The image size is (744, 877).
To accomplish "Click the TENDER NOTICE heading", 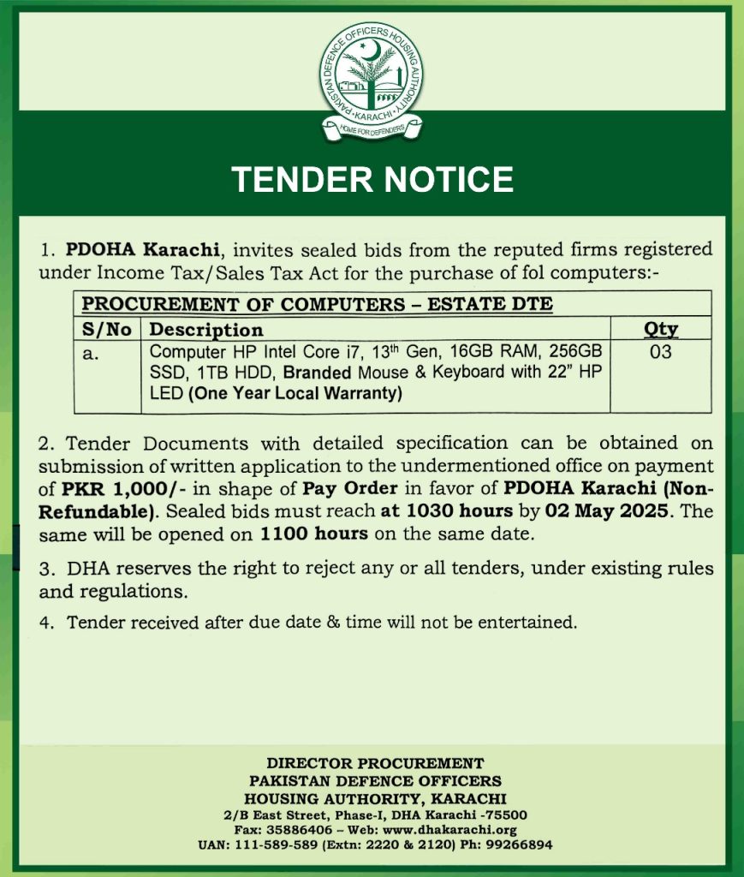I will pyautogui.click(x=372, y=179).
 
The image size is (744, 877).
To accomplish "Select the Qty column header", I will pyautogui.click(x=660, y=329).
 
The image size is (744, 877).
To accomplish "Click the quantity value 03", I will pyautogui.click(x=660, y=351).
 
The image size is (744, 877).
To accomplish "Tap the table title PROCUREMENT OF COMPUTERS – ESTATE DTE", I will pyautogui.click(x=317, y=304).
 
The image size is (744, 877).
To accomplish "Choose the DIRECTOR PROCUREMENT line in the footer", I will pyautogui.click(x=375, y=762).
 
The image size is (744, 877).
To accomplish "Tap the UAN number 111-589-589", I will pyautogui.click(x=276, y=844).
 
